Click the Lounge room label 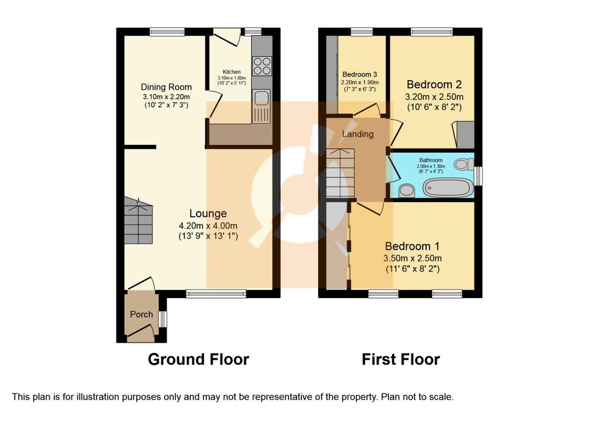(x=208, y=213)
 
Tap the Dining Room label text (x=166, y=87)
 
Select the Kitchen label (x=232, y=72)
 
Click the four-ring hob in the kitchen (x=262, y=66)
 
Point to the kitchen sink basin (x=261, y=98)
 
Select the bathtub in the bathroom (x=447, y=188)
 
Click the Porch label (x=142, y=315)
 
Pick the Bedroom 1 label (x=412, y=246)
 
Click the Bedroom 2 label (x=435, y=84)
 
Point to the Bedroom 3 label (x=360, y=74)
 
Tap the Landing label (x=357, y=134)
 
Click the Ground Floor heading (x=198, y=360)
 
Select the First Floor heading (x=401, y=360)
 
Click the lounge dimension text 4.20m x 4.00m (x=208, y=225)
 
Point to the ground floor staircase (x=138, y=220)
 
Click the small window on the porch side (x=163, y=319)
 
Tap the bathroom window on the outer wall (x=478, y=175)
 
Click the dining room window (x=167, y=32)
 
